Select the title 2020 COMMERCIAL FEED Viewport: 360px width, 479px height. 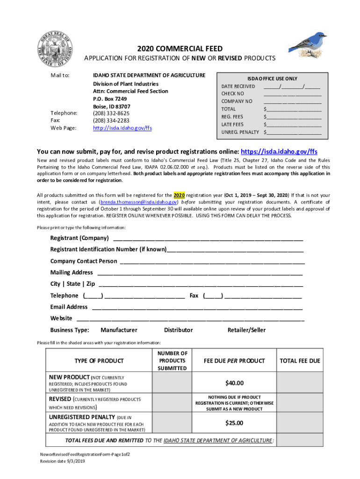(x=180, y=49)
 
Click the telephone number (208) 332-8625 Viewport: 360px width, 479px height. (x=111, y=113)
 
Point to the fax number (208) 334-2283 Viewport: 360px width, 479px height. (x=111, y=121)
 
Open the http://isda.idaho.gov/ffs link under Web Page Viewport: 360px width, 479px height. (x=122, y=128)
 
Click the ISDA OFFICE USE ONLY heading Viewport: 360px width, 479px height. (x=272, y=79)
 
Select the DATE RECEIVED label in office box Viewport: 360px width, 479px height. (x=238, y=87)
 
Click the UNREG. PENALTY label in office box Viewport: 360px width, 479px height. (x=240, y=132)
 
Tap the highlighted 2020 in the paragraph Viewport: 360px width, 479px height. (x=179, y=195)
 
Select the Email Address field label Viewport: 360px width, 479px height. (x=69, y=307)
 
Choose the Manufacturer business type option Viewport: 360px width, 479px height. (x=119, y=330)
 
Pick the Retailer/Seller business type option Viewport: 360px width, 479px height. (x=246, y=330)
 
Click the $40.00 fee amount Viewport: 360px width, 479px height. (x=234, y=384)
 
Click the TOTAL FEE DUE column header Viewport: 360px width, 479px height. (x=300, y=361)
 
